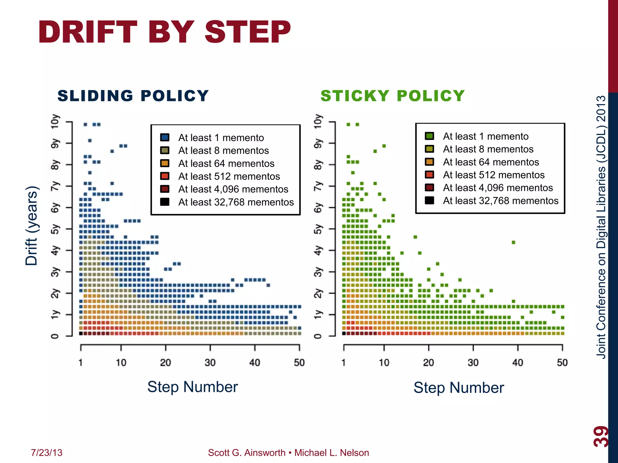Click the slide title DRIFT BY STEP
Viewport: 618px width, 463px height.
pos(164,32)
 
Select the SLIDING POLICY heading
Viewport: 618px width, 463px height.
pos(133,96)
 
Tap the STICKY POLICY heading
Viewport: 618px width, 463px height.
pos(392,96)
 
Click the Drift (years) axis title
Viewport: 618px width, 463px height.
pos(31,226)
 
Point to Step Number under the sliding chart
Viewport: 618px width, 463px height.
pos(193,387)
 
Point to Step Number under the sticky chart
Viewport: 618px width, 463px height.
pos(458,388)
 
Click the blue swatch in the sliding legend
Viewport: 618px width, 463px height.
pos(165,137)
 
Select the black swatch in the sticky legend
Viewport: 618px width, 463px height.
pos(429,200)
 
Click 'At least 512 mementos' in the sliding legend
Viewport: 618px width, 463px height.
pos(229,176)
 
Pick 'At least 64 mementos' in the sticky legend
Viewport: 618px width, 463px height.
pos(491,162)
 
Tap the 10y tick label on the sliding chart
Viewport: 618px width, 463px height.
pos(55,121)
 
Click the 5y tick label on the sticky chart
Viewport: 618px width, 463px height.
pos(318,229)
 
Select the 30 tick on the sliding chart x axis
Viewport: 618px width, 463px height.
pos(210,362)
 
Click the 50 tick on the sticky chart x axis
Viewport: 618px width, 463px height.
pos(562,362)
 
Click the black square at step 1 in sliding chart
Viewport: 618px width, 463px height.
pos(81,333)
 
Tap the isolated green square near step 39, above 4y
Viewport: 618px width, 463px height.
pos(513,242)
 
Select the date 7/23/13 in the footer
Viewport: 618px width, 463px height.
pos(46,453)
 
